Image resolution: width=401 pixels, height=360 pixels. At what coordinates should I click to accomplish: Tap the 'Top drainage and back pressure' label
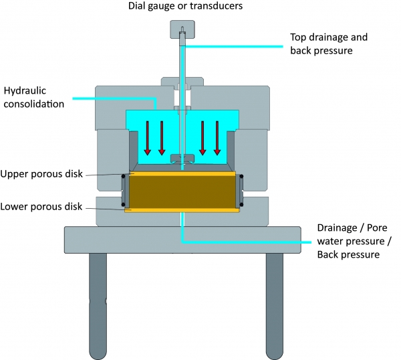328,43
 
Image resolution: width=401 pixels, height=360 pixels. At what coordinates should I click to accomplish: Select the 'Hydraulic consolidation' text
34,96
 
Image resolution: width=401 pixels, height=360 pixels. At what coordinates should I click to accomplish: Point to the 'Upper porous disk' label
41,174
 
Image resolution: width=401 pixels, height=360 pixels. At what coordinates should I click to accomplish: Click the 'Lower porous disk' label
41,207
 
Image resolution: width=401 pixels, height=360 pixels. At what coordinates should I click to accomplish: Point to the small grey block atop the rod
181,29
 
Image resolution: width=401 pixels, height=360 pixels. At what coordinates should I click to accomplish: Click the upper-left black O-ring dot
123,177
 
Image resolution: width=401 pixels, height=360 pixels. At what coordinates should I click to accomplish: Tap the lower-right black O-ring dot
241,204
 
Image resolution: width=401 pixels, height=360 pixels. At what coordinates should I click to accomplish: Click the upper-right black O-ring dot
241,177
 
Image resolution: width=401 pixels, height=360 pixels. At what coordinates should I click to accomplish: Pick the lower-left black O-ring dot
123,204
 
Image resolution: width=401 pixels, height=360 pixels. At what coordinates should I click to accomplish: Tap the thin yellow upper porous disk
182,174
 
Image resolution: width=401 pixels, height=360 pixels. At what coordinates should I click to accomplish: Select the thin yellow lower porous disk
182,210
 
